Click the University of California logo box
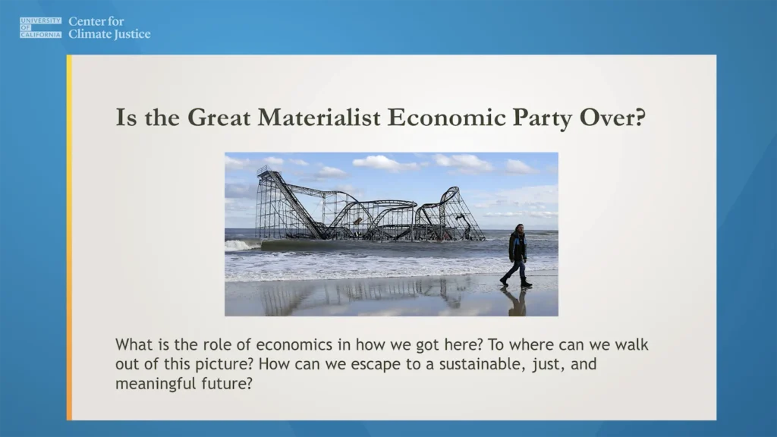(41, 28)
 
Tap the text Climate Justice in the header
(109, 34)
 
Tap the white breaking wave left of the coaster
(241, 244)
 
